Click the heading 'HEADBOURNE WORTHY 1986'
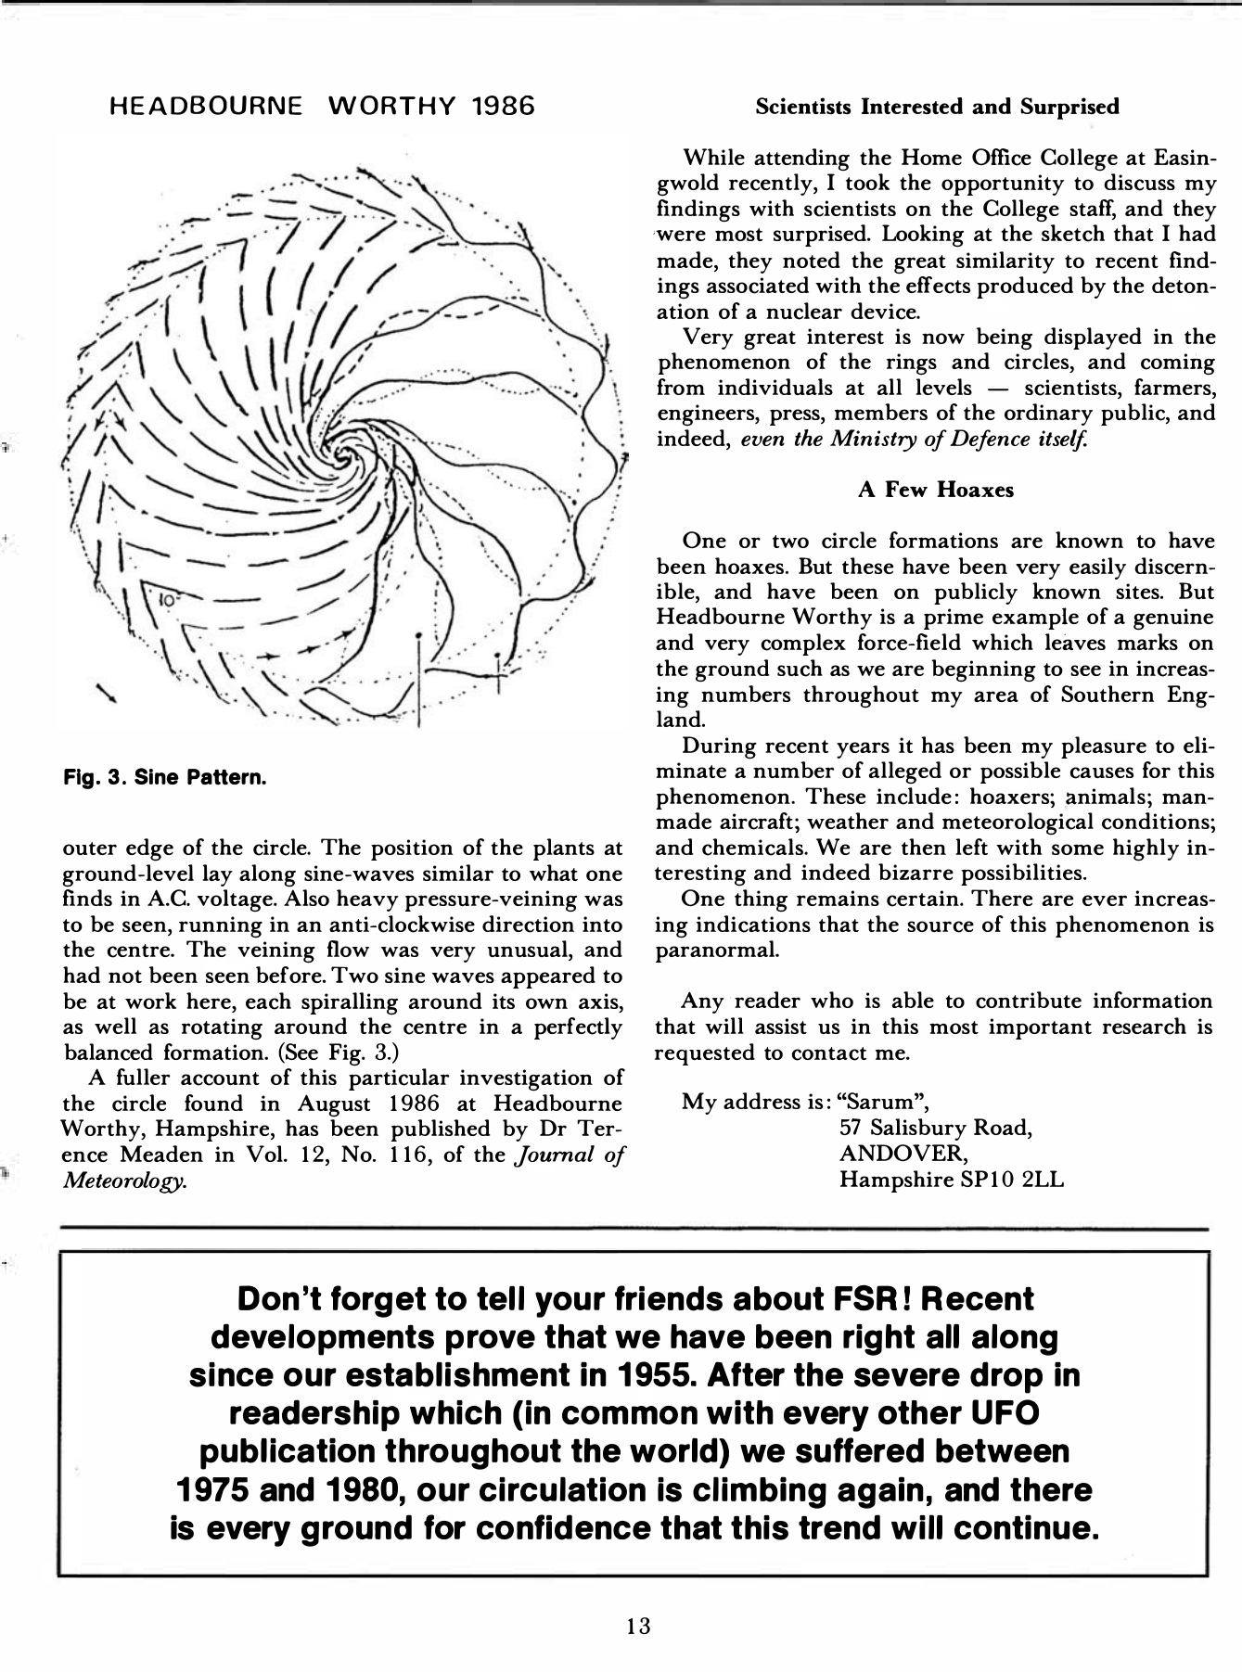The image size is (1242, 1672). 322,106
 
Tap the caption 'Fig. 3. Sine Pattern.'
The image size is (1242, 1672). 165,776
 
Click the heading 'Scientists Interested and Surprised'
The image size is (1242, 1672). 937,107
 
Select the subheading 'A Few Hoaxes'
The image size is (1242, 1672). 936,490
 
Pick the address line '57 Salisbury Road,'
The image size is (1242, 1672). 935,1129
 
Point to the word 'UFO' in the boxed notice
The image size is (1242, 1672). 1000,1413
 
